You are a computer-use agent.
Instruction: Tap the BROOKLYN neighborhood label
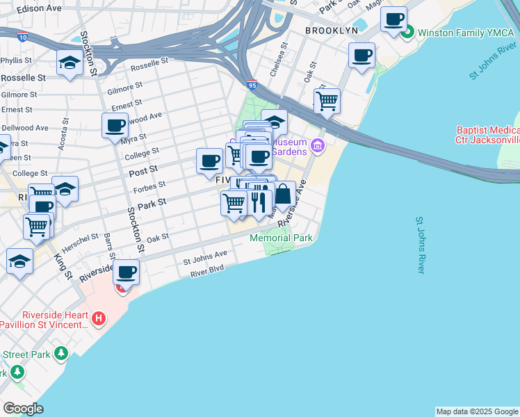tap(332, 31)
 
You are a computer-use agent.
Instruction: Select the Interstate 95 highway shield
tap(252, 84)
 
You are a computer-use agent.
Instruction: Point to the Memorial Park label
tap(282, 238)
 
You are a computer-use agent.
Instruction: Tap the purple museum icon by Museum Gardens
tap(318, 145)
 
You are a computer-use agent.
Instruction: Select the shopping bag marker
tap(282, 195)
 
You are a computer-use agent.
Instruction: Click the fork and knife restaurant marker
tap(259, 202)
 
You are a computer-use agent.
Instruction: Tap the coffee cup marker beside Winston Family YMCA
tap(394, 19)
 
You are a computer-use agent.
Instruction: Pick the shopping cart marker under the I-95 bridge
tap(327, 101)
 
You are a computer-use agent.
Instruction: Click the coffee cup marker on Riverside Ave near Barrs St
tap(126, 272)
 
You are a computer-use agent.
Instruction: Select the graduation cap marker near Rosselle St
tap(70, 63)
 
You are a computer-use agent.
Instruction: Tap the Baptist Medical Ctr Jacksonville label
tap(487, 135)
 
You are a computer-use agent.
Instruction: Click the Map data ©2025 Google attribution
tap(476, 411)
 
